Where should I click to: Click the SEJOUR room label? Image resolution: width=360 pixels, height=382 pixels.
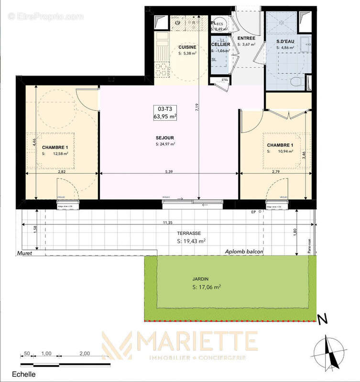tap(165, 138)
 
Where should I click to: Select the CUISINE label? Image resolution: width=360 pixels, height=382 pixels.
tap(187, 47)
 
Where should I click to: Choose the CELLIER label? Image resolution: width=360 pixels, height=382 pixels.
tap(221, 44)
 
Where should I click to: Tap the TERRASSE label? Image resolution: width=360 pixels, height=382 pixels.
tap(186, 233)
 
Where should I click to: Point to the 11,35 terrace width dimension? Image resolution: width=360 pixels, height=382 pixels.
tap(167, 223)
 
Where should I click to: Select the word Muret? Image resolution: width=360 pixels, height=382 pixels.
tap(23, 254)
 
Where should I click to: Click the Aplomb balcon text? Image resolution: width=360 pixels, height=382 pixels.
tap(245, 252)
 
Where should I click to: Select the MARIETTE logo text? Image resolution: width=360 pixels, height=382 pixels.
tap(196, 341)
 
